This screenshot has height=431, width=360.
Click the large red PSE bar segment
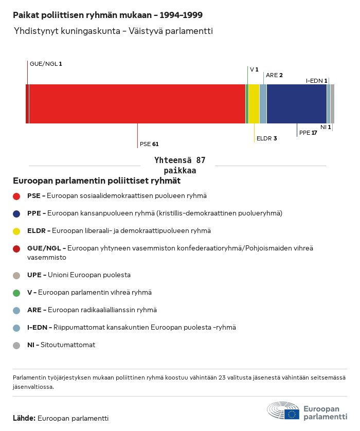[x=137, y=104]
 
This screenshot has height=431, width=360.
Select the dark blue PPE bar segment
[x=296, y=104]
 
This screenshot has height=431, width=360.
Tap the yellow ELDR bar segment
[x=254, y=104]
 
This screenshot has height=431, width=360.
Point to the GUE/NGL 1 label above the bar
[x=46, y=64]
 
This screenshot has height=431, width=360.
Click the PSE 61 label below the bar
[x=149, y=144]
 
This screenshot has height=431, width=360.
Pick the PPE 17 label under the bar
[x=308, y=132]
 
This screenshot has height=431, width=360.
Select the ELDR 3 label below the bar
[x=266, y=138]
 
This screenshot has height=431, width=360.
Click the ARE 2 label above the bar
[x=274, y=75]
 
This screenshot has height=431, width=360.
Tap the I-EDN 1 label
[x=316, y=81]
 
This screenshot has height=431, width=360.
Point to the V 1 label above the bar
[x=254, y=69]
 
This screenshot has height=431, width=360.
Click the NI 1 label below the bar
[x=326, y=127]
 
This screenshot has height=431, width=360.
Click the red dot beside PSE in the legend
[x=16, y=196]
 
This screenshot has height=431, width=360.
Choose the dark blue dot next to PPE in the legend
[x=16, y=213]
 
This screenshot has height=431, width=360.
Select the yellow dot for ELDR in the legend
[x=16, y=231]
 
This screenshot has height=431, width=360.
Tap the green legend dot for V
[x=16, y=293]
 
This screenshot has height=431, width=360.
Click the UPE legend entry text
[x=79, y=275]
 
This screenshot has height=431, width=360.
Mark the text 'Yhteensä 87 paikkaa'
[x=179, y=166]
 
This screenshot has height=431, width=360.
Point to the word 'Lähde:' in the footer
[x=24, y=418]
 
